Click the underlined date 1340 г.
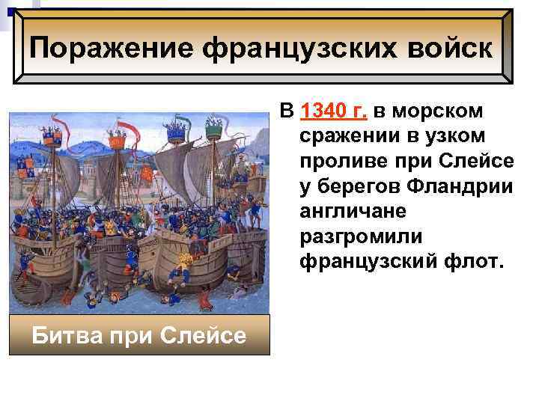coord(332,112)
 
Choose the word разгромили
coord(361,236)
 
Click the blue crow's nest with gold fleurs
coord(176,133)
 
